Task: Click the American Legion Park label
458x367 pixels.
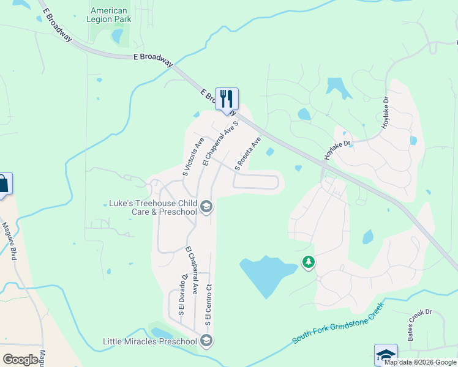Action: [109, 15]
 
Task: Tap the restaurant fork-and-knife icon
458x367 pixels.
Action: [227, 98]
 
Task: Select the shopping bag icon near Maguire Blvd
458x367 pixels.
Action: [3, 183]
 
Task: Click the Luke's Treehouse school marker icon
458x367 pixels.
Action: [206, 207]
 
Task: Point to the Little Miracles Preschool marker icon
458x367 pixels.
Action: [206, 341]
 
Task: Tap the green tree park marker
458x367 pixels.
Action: [309, 263]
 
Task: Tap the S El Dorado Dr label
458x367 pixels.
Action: [182, 294]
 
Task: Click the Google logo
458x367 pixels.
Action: [20, 359]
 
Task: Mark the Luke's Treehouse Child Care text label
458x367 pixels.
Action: [152, 207]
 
